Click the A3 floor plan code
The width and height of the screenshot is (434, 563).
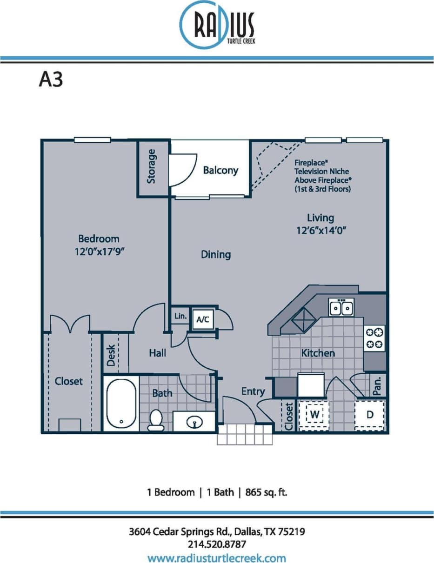click(x=51, y=79)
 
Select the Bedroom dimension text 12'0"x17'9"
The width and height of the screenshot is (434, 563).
click(x=99, y=251)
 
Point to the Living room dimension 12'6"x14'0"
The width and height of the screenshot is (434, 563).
click(x=320, y=230)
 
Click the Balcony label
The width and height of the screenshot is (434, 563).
click(x=220, y=171)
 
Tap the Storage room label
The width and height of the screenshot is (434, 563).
click(x=151, y=166)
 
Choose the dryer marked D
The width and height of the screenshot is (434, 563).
click(x=370, y=414)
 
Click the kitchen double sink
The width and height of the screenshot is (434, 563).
click(x=341, y=308)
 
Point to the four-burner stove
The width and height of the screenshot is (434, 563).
click(x=374, y=338)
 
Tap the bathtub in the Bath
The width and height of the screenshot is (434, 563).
click(x=121, y=404)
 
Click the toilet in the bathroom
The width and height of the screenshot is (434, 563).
click(x=155, y=419)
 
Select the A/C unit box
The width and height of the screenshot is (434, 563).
click(x=203, y=319)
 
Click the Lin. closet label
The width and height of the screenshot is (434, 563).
click(x=180, y=317)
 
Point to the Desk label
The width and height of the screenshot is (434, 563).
click(x=111, y=355)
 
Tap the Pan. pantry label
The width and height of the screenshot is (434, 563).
click(x=378, y=385)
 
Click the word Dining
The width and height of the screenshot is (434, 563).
click(x=216, y=255)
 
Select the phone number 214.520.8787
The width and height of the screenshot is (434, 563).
click(x=217, y=544)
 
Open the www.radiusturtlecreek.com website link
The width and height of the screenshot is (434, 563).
click(x=217, y=557)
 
